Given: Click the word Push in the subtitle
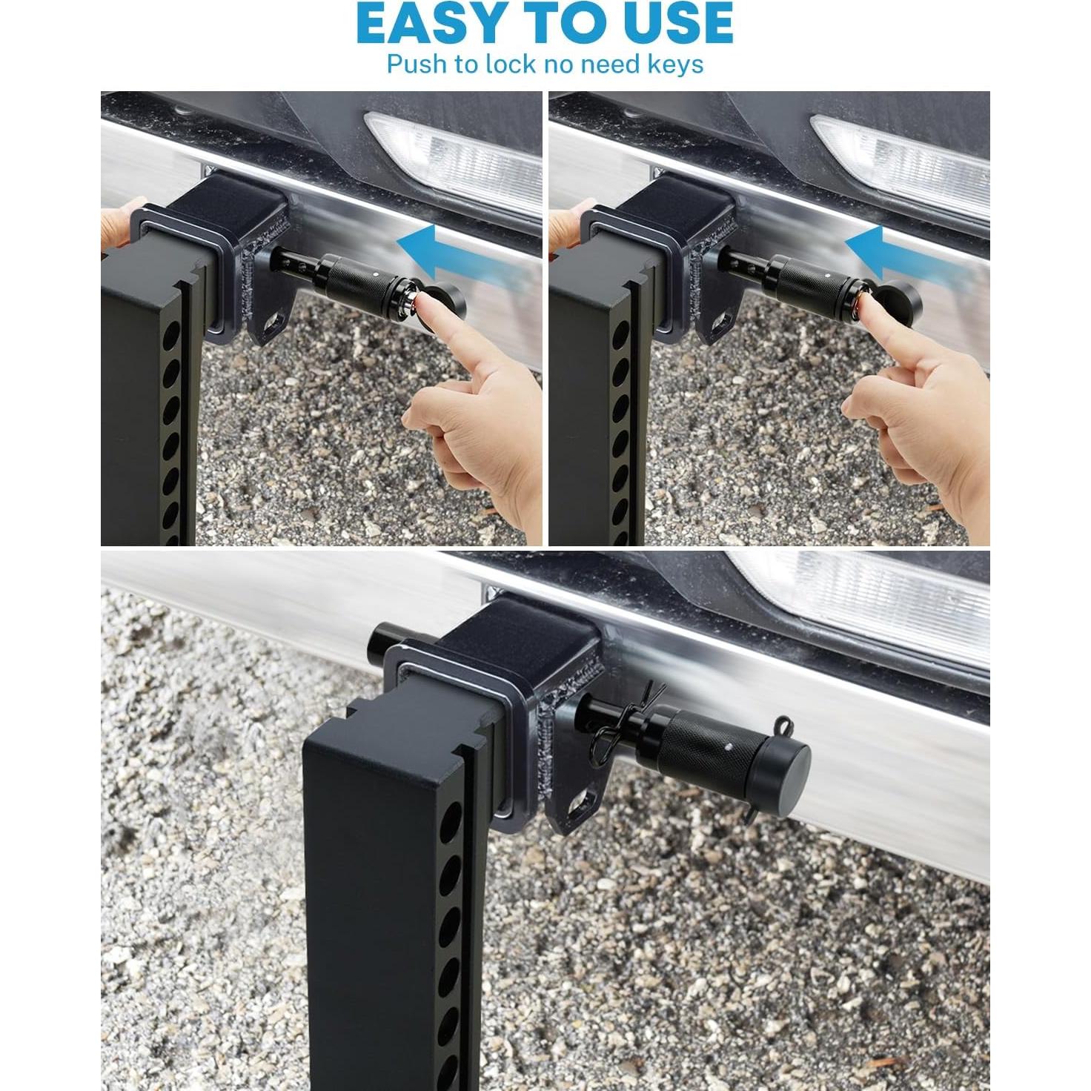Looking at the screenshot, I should pyautogui.click(x=417, y=64).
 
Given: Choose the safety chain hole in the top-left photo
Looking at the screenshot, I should pyautogui.click(x=277, y=320).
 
